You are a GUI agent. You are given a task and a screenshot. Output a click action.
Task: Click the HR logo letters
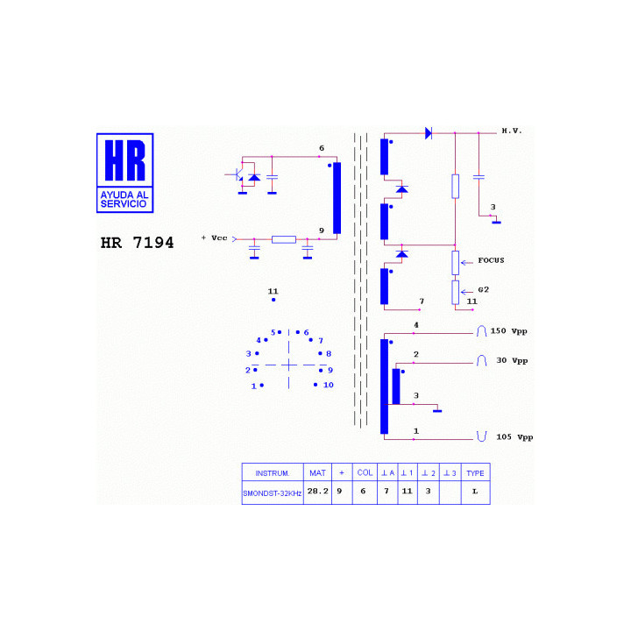point(124,160)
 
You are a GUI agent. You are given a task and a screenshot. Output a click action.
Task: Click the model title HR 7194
point(138,243)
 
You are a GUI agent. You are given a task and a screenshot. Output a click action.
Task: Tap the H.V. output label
point(512,131)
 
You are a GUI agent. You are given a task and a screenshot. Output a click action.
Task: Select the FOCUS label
point(491,260)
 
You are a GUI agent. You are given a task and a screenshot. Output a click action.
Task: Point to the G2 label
point(483,290)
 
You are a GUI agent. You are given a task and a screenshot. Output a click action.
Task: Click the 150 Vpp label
point(508,331)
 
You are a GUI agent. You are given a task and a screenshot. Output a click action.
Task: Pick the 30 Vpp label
point(512,360)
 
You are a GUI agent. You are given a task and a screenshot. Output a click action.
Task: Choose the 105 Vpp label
point(514,437)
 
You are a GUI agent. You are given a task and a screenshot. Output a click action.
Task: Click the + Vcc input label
point(215,238)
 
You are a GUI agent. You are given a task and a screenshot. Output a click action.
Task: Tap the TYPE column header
point(475,473)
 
